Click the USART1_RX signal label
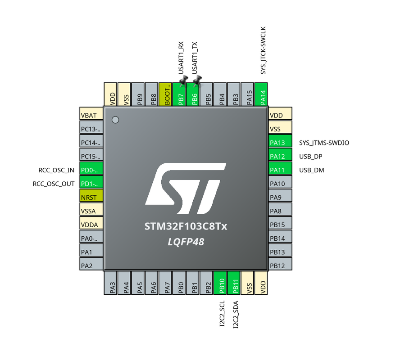point(181,58)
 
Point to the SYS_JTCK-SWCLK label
point(264,50)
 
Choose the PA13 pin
point(280,143)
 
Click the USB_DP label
point(311,157)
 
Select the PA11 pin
point(280,170)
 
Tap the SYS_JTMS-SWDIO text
point(324,143)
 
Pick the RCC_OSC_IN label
point(56,170)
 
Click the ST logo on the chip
point(186,189)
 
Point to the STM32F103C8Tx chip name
point(186,226)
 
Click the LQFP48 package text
point(186,242)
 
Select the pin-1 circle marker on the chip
point(115,120)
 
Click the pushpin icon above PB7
point(183,81)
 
